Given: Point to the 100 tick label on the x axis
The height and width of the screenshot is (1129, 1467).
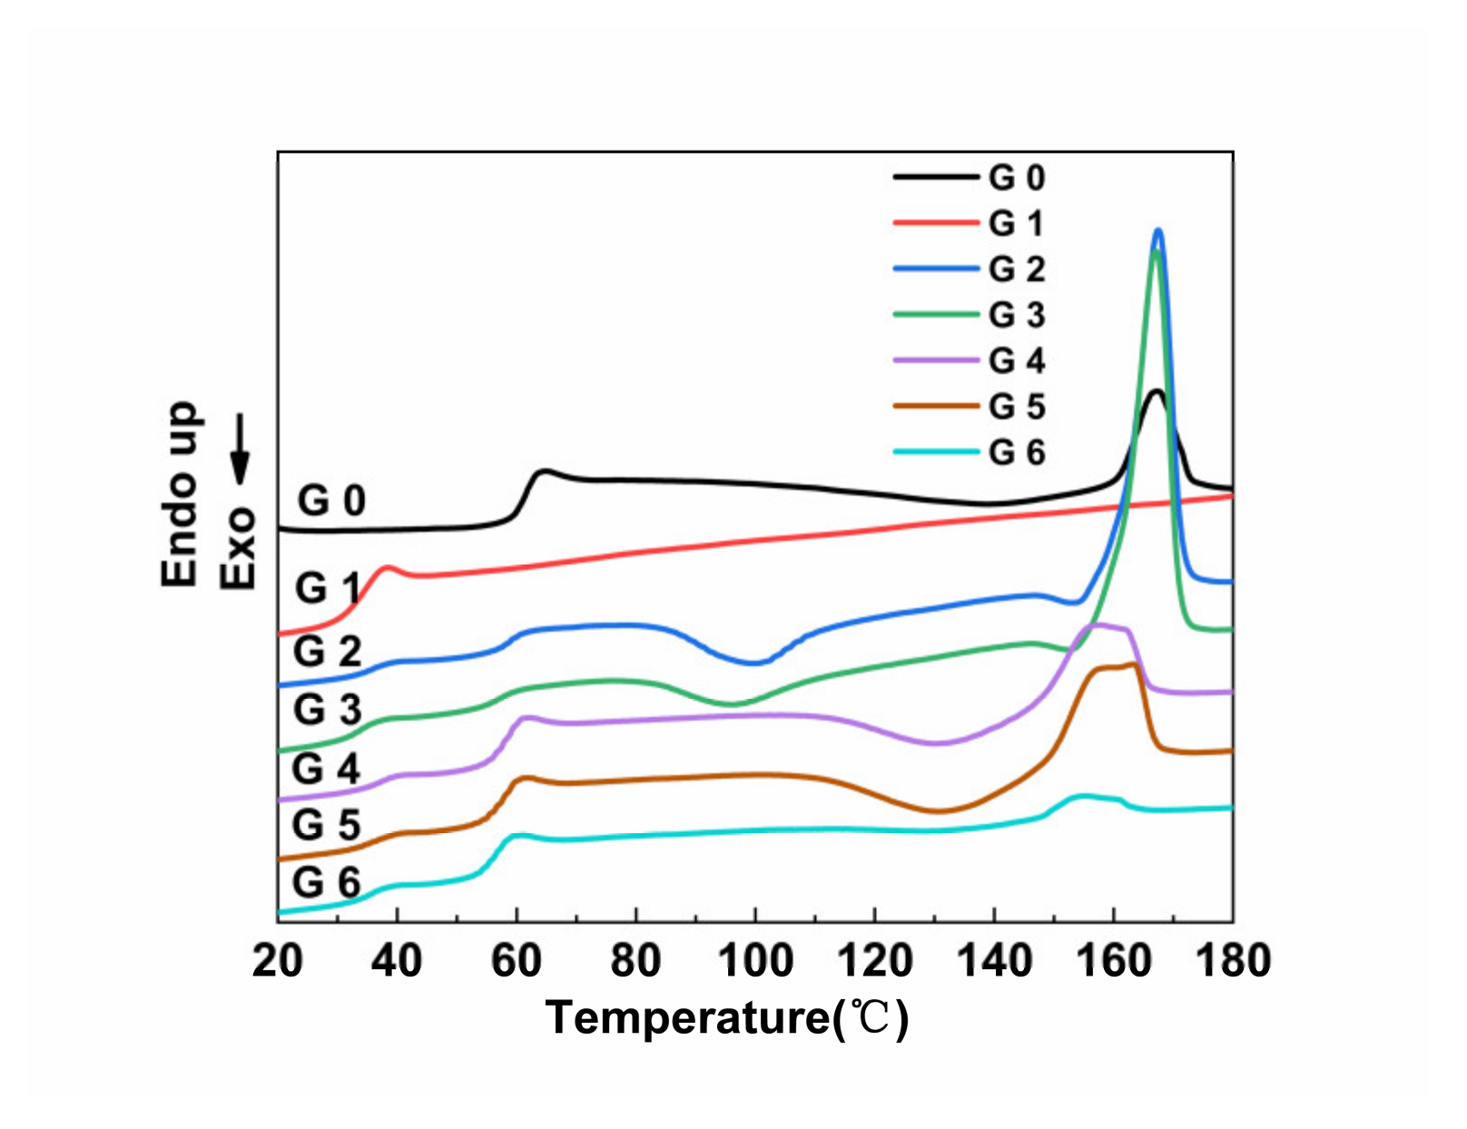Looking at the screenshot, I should tap(755, 960).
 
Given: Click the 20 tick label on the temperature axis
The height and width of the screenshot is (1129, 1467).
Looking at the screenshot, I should tap(278, 960).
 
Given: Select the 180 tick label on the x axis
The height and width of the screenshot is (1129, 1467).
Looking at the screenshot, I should tap(1232, 960).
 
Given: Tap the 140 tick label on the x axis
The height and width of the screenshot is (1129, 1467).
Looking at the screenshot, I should tap(994, 960).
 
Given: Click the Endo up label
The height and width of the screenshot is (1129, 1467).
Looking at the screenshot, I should tap(180, 495).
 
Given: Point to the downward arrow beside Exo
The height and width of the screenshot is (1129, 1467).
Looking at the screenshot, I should tap(240, 450).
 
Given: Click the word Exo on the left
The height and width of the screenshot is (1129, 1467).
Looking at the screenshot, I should tap(240, 548).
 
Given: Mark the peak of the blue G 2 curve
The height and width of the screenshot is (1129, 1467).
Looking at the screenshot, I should tap(1157, 231).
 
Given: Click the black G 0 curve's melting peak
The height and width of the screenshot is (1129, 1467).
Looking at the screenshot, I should tap(1156, 391).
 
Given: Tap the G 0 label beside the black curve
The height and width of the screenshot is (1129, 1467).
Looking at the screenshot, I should tap(331, 500).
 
